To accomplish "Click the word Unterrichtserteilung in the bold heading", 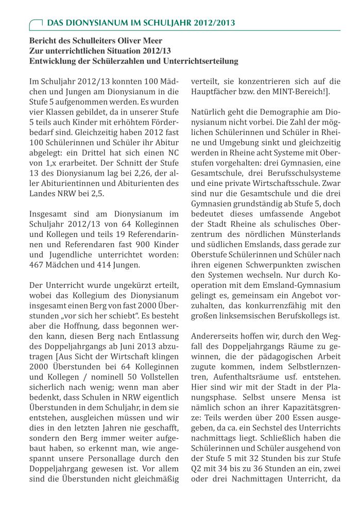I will [x=187, y=61].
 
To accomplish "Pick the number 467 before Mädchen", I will [x=38, y=265].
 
